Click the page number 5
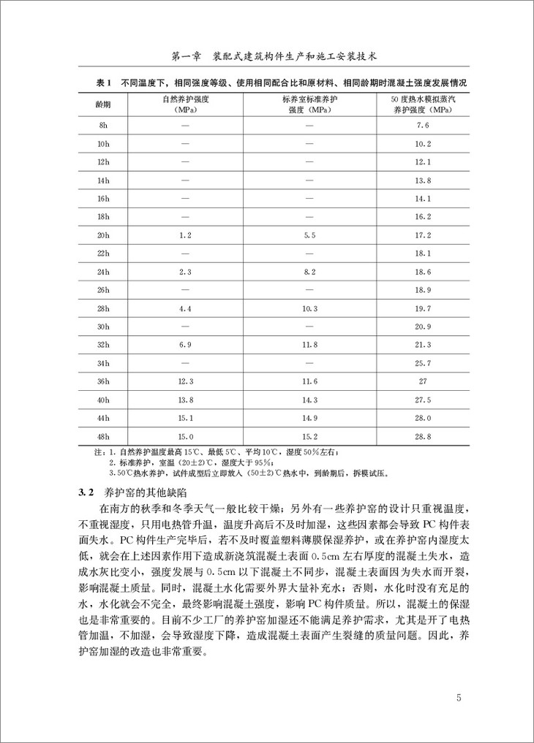pyautogui.click(x=458, y=697)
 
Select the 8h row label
pyautogui.click(x=103, y=125)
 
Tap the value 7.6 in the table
pyautogui.click(x=422, y=125)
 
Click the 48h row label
pyautogui.click(x=103, y=436)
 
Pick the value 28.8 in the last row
pyautogui.click(x=422, y=436)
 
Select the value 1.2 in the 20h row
pyautogui.click(x=184, y=235)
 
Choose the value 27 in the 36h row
pyautogui.click(x=422, y=381)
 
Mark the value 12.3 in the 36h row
pyautogui.click(x=184, y=381)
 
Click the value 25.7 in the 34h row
pyautogui.click(x=422, y=363)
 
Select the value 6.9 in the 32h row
pyautogui.click(x=184, y=345)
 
